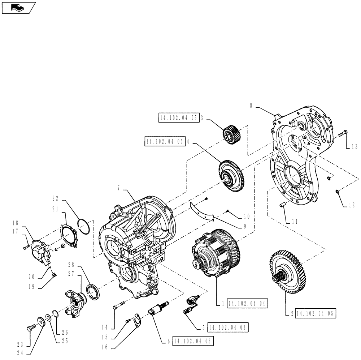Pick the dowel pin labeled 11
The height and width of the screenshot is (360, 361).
point(284,204)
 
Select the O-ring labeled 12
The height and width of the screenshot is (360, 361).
point(337,191)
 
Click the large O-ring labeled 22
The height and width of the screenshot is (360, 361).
point(84,227)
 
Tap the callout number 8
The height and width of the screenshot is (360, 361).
point(251,106)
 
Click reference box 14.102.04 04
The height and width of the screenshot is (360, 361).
point(248,304)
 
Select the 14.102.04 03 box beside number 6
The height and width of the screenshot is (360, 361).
point(193,341)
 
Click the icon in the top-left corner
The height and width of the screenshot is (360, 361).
point(18,7)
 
